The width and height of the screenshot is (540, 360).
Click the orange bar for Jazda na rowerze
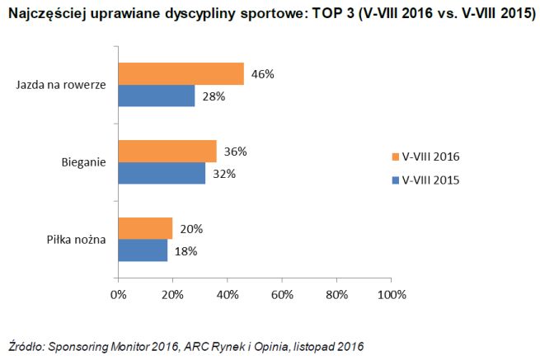click(181, 74)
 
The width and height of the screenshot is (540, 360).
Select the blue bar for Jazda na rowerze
click(157, 96)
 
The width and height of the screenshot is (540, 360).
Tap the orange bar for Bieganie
click(167, 152)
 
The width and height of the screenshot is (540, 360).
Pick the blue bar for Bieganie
click(162, 173)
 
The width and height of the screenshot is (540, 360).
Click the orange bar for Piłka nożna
click(145, 229)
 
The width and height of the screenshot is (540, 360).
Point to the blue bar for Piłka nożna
click(143, 250)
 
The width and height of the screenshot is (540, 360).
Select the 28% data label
click(214, 96)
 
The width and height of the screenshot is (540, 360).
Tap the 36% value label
click(236, 152)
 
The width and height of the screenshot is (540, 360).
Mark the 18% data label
click(186, 251)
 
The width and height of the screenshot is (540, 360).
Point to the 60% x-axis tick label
click(282, 294)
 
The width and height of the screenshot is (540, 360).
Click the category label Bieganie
click(84, 162)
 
